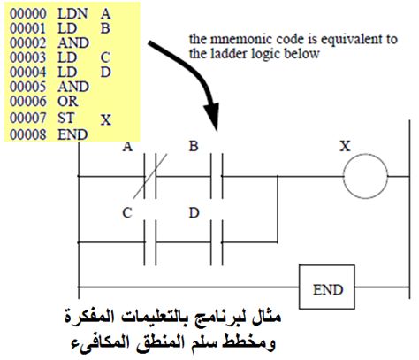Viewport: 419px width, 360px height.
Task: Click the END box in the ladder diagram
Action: (327, 287)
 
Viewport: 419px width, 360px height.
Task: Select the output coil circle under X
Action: (365, 176)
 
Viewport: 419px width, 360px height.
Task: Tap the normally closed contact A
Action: (150, 176)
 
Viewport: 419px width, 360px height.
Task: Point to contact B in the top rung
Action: (217, 176)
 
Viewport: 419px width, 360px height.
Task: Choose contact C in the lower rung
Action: (150, 242)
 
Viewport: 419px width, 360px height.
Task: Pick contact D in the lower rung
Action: (217, 242)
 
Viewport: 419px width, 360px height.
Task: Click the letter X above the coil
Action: (345, 146)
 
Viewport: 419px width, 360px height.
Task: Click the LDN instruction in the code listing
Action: (72, 14)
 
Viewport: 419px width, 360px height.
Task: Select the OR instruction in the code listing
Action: (68, 101)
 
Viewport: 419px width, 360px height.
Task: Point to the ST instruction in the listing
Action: (65, 119)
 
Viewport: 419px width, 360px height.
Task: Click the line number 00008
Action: (28, 134)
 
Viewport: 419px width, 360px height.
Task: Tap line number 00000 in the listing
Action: (28, 14)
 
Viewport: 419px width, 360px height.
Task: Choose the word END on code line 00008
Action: (72, 134)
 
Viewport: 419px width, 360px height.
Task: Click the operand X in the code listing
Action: (106, 120)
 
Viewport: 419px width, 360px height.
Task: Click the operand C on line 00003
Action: (105, 57)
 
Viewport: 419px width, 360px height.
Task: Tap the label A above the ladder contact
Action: (127, 146)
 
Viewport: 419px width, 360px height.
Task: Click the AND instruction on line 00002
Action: (73, 43)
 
